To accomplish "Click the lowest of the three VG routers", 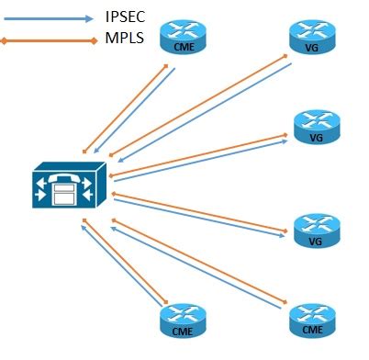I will pos(316,231).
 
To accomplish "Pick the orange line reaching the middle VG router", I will pos(197,154).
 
